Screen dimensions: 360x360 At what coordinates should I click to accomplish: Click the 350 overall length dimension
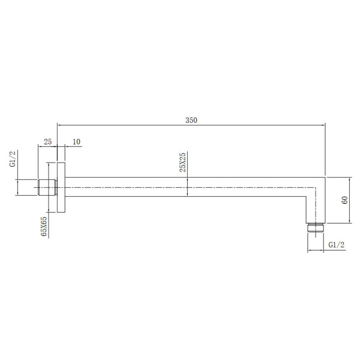[191, 121]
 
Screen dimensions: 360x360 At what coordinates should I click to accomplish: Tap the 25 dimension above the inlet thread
[48, 142]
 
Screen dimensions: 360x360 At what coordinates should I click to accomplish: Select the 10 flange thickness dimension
[76, 142]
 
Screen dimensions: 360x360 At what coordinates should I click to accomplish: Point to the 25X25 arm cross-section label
[183, 162]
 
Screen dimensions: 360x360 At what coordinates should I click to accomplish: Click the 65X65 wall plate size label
[44, 226]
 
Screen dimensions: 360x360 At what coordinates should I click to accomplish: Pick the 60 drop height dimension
[344, 200]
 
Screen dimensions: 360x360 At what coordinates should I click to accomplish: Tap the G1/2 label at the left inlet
[13, 158]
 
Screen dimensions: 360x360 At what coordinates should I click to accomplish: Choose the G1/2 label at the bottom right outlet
[337, 245]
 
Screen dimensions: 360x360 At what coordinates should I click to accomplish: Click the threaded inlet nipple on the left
[47, 187]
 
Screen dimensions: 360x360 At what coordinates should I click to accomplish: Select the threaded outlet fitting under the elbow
[316, 227]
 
